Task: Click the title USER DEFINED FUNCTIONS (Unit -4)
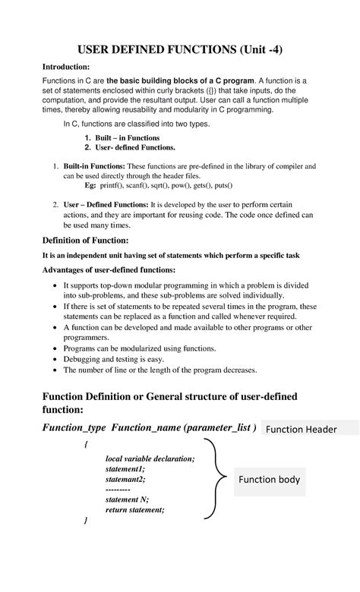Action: pyautogui.click(x=180, y=51)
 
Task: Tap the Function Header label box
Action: pyautogui.click(x=309, y=430)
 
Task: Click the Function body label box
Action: pyautogui.click(x=270, y=480)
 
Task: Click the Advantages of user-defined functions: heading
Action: pyautogui.click(x=108, y=269)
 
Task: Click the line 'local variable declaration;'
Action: pyautogui.click(x=150, y=458)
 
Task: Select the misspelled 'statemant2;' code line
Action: pyautogui.click(x=125, y=479)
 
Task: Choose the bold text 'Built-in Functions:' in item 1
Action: pyautogui.click(x=93, y=165)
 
